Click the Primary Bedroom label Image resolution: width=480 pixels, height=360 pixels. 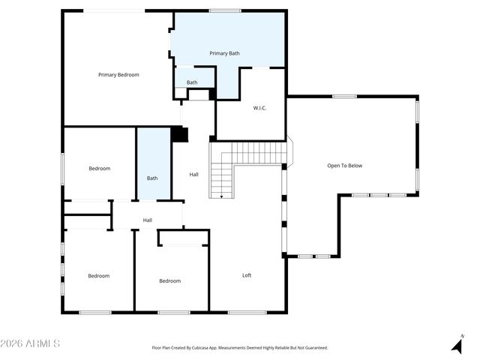pos(118,75)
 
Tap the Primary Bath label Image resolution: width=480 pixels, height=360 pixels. pos(224,53)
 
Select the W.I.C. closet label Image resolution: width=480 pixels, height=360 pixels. pos(259,108)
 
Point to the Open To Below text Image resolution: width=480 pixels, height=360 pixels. pos(344,166)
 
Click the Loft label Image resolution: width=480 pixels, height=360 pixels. pos(247,275)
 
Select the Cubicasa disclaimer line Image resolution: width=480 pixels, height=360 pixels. pos(240,348)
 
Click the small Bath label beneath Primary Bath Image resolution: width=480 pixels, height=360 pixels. pos(192,82)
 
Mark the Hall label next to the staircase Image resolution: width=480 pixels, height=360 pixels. pos(193,175)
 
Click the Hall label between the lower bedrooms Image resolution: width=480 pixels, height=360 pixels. pos(148,220)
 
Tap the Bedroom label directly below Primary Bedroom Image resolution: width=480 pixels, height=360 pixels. pos(100,169)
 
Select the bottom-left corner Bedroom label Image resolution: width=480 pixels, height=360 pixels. pos(98,276)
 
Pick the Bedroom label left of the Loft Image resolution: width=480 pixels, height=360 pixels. pos(169,281)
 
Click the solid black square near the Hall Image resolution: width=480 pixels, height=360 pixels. pos(179,134)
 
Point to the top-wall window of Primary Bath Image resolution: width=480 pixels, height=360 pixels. pos(225,10)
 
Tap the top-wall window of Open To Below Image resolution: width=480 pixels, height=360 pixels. pos(344,96)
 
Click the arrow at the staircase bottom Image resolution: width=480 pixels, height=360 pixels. pos(221,195)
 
